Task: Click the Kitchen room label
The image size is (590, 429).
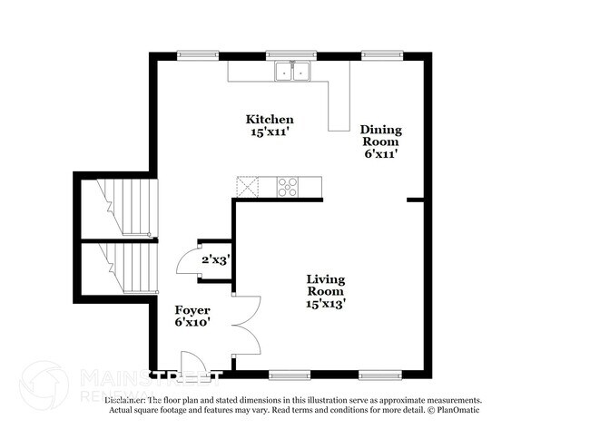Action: tap(270, 120)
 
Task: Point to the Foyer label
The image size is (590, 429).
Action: tap(192, 308)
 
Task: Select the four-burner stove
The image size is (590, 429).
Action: tap(289, 186)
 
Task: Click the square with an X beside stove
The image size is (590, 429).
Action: tap(247, 186)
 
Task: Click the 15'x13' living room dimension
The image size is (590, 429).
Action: tap(325, 305)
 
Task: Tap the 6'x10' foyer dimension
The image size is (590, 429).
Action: tap(192, 322)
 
